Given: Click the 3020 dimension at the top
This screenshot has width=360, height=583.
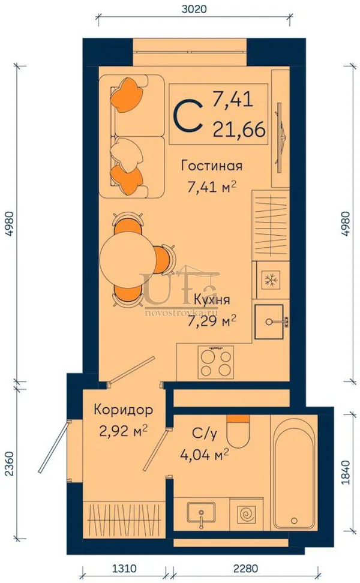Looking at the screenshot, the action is [194, 8].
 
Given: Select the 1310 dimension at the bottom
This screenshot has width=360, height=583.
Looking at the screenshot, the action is [124, 569].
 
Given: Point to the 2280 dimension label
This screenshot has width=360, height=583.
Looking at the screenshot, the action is [245, 569].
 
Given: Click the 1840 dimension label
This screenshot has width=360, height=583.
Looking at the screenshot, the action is [346, 472].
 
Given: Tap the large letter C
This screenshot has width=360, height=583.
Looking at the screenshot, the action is [189, 116].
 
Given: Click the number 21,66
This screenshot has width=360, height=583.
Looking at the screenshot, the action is [239, 130].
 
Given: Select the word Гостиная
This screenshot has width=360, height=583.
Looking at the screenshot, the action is [212, 166].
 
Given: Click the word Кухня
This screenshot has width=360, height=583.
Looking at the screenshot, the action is [212, 300].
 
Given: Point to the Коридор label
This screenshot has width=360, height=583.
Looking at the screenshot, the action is [123, 410].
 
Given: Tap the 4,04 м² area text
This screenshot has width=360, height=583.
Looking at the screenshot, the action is [204, 454].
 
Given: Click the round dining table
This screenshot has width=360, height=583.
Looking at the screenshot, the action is [127, 259].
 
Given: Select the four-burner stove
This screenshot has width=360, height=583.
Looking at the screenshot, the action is [216, 362].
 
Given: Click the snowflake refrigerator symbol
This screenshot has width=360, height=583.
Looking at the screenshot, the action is [271, 280].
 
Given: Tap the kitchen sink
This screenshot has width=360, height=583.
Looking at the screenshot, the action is [269, 321].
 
